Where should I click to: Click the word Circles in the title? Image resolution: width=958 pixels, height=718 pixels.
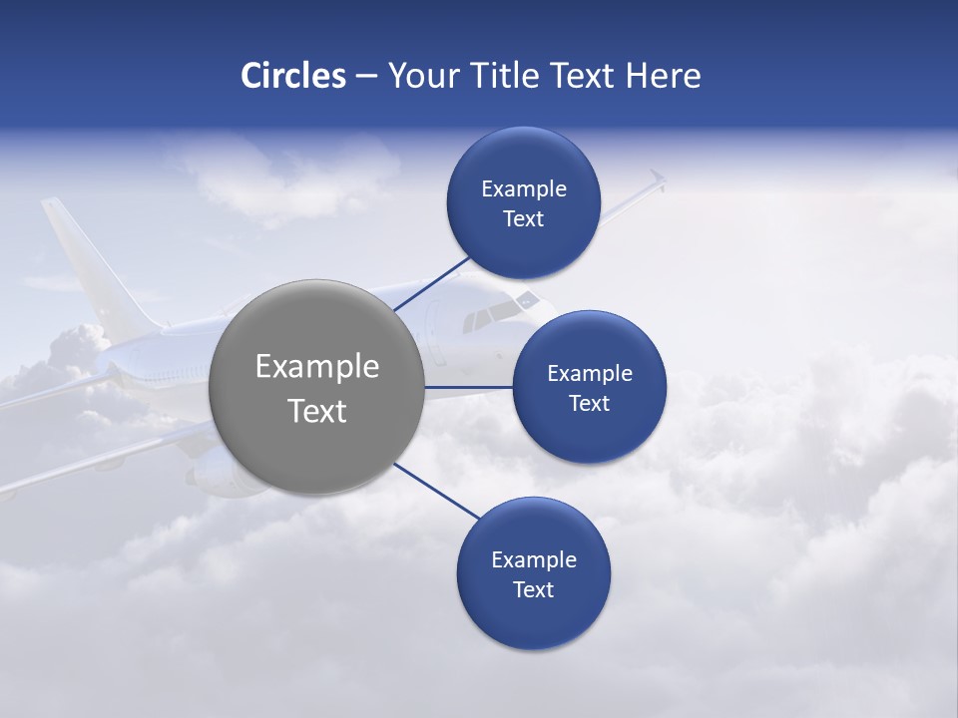[293, 76]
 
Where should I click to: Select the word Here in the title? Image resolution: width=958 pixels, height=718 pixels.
[664, 76]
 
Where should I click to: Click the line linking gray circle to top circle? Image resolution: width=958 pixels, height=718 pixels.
[433, 281]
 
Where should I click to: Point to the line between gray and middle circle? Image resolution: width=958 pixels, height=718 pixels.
[469, 387]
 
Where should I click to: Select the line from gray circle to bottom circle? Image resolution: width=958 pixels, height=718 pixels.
[437, 491]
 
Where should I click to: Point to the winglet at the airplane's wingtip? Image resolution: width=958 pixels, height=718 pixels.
[656, 179]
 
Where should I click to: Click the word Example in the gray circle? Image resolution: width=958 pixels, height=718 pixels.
[316, 367]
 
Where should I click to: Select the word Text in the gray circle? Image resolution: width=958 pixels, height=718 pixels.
[316, 411]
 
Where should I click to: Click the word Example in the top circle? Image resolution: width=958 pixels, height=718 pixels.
[523, 189]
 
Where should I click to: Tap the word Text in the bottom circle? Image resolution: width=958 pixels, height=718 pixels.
[533, 589]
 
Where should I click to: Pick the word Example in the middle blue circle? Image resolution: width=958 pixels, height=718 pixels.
[589, 374]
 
